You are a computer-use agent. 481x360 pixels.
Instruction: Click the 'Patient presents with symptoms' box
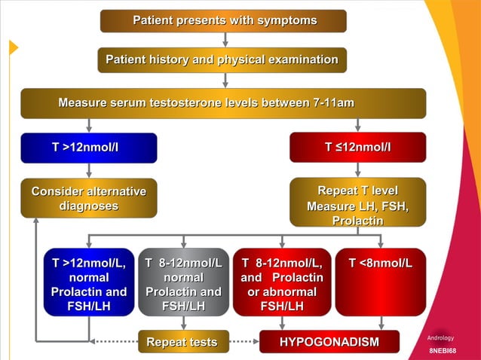pos(224,20)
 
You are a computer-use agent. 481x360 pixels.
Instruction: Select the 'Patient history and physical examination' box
pos(222,59)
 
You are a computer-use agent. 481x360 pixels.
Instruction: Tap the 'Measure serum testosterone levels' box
pos(223,103)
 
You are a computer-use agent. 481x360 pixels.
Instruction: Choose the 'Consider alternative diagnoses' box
pos(88,198)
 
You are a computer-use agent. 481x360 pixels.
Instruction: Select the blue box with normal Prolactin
pos(89,282)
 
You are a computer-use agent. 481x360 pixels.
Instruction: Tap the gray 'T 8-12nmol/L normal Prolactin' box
pos(183,282)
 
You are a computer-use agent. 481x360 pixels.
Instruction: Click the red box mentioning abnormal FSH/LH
pos(282,282)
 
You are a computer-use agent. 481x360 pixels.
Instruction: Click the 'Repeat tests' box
pos(182,343)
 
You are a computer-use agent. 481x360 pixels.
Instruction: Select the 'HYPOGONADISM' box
pos(329,343)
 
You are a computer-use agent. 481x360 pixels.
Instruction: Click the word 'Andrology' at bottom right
pos(441,337)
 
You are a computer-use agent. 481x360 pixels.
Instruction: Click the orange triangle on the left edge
pos(13,47)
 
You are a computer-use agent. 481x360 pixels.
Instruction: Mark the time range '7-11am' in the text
pos(333,103)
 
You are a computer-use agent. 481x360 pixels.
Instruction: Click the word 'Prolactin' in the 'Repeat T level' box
pos(357,221)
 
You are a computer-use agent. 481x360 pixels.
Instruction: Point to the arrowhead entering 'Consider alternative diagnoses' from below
pos(36,221)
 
